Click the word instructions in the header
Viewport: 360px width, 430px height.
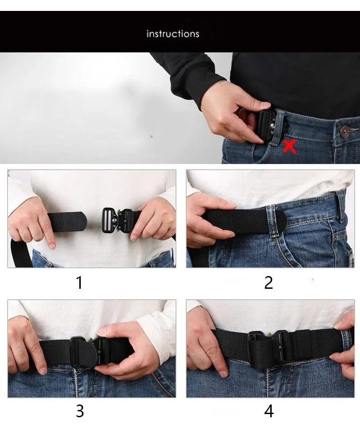[173, 34]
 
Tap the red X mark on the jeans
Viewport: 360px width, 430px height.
[289, 146]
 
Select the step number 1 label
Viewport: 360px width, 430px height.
[80, 282]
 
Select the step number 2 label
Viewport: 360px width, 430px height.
[268, 282]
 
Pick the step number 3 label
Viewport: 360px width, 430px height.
[80, 411]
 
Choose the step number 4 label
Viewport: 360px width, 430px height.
[268, 411]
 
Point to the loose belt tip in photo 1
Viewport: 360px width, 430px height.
[73, 221]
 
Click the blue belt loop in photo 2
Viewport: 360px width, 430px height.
[341, 205]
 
